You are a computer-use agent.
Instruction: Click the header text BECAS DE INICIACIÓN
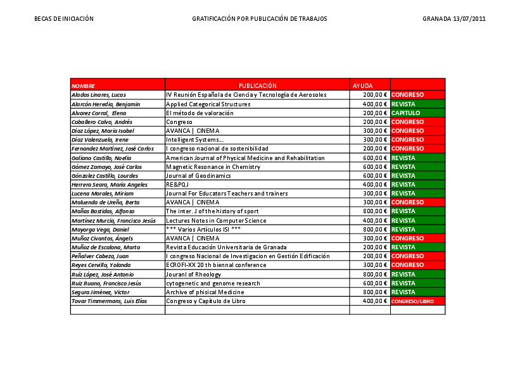point(64,19)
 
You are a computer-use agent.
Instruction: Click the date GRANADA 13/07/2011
point(454,19)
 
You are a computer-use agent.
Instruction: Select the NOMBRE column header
point(84,85)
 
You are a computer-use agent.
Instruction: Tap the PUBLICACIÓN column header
point(257,85)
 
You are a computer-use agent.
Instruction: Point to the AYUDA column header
point(363,85)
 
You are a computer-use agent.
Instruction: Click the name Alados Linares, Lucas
point(99,95)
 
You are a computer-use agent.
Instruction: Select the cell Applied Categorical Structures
point(208,104)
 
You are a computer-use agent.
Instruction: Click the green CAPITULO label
point(406,113)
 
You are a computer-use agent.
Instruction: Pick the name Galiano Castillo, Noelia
point(101,158)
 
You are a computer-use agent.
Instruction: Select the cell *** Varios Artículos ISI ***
point(203,229)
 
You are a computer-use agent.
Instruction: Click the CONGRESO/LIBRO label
point(413,302)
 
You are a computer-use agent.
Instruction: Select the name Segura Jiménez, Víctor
point(101,292)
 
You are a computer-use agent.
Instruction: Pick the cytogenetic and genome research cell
point(213,283)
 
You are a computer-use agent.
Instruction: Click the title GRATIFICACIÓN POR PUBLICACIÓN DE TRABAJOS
point(260,19)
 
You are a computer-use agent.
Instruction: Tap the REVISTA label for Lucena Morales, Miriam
point(403,194)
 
